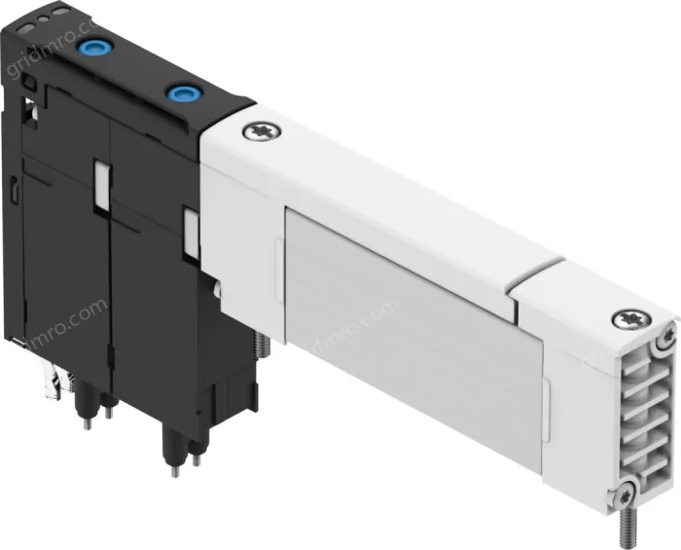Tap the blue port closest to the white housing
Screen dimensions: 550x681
tap(179, 94)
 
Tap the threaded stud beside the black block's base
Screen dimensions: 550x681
tap(261, 345)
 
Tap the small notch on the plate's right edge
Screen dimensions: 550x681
tap(546, 398)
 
